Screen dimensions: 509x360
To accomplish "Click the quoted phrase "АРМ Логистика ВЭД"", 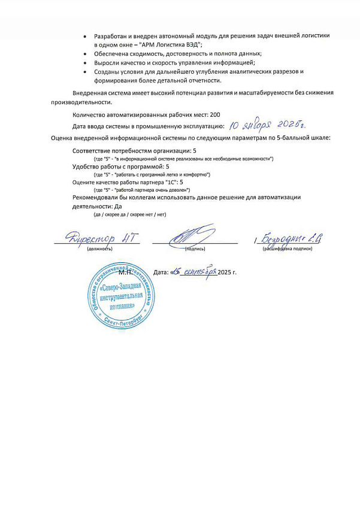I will (x=171, y=45).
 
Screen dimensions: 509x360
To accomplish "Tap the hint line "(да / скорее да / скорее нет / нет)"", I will (x=129, y=214).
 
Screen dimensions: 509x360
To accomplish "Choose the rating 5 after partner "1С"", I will (x=181, y=181).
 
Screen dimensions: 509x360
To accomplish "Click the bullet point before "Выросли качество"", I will (x=87, y=63).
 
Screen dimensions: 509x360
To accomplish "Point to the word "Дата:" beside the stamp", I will (x=162, y=272).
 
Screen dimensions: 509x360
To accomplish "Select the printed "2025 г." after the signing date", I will (x=227, y=272).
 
